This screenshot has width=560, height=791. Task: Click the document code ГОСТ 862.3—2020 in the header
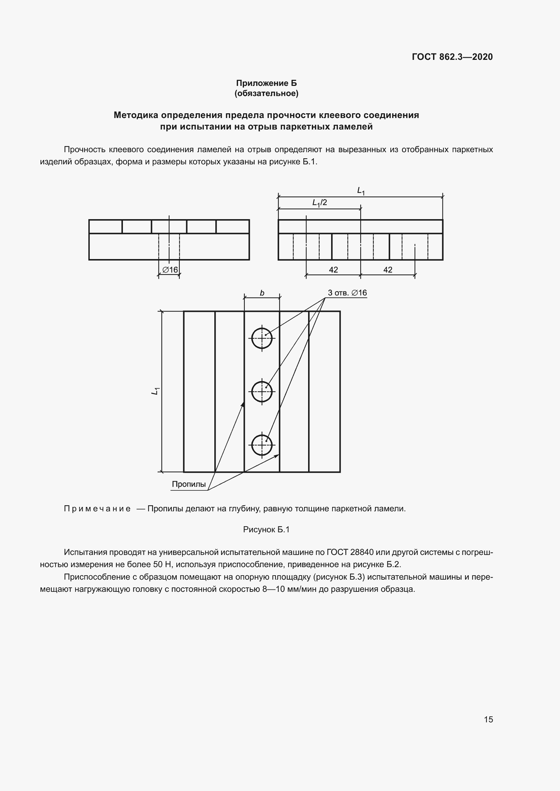452,57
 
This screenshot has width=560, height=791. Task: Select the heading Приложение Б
266,83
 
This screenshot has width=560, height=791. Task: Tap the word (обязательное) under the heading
266,93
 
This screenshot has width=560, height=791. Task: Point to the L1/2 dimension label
320,203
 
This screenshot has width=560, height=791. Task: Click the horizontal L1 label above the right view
361,190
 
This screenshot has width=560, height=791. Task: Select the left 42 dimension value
333,270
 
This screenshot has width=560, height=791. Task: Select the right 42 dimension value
388,270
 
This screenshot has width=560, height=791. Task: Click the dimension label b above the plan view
262,293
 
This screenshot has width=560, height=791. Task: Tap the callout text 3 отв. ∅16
347,293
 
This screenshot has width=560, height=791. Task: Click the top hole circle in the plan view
262,338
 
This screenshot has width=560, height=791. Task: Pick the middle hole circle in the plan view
262,392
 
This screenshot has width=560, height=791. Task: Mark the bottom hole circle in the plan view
262,445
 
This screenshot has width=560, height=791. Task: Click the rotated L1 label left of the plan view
155,391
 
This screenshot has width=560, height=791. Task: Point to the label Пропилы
189,484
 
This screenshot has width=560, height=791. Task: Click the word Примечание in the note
97,509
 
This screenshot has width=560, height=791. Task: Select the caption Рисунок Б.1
266,530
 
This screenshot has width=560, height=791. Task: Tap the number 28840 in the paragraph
362,552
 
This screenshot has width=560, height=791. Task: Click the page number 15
488,719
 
